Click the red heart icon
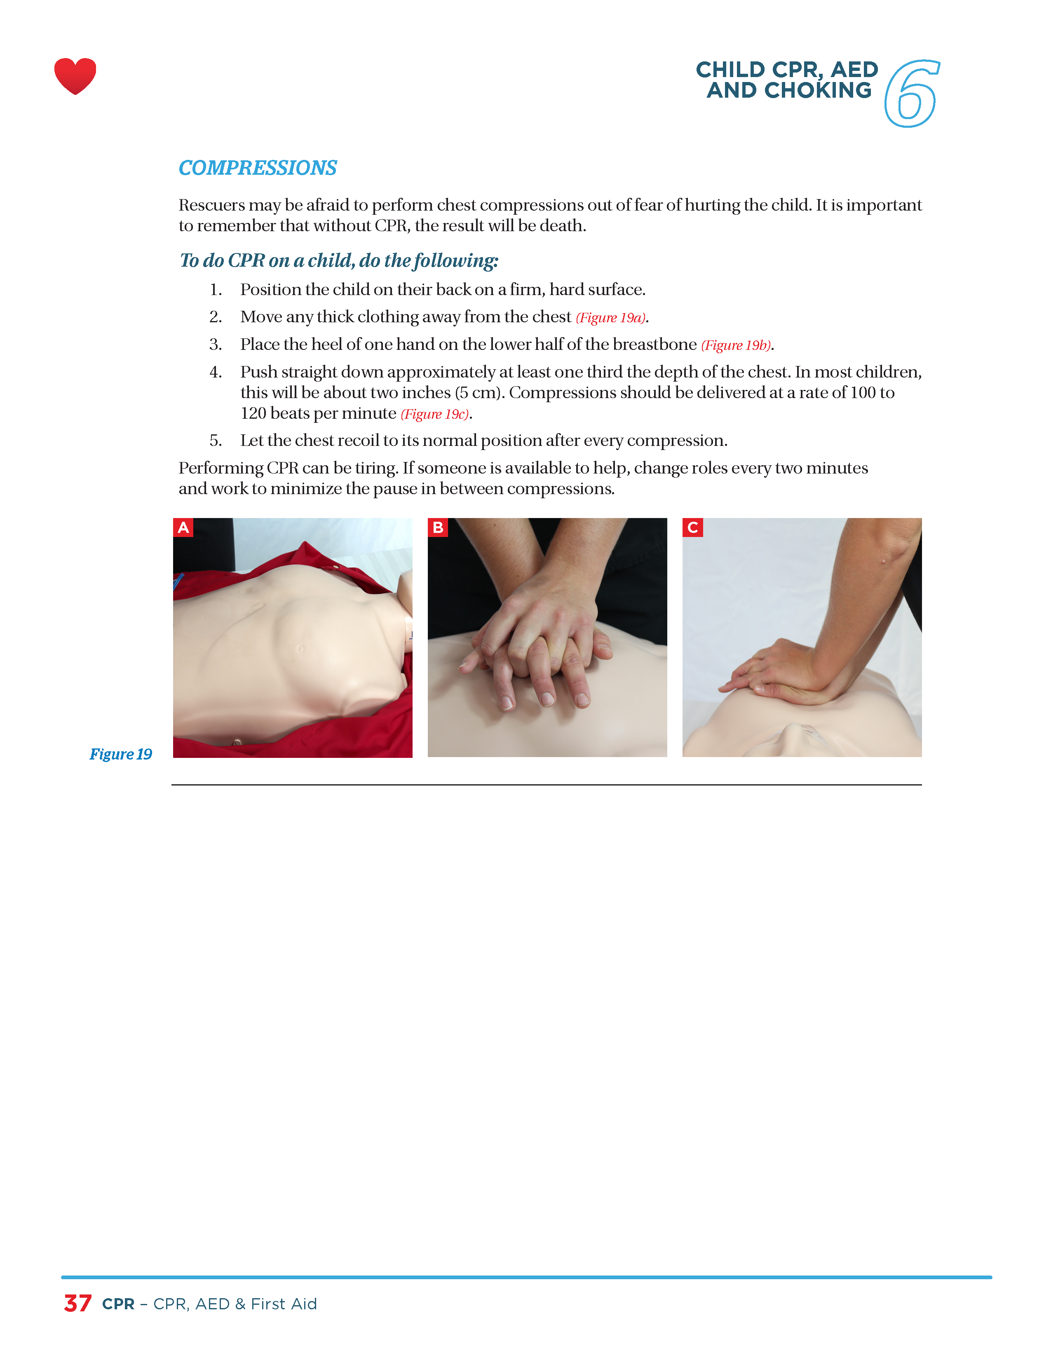75,76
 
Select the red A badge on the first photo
183,528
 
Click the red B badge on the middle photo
438,528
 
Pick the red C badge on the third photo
692,528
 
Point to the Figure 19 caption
121,754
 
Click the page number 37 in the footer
78,1303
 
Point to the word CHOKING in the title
818,90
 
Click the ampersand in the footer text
240,1304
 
